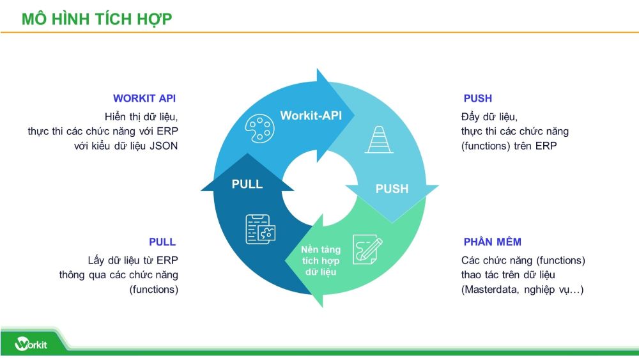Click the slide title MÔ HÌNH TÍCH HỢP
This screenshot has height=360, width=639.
point(96,19)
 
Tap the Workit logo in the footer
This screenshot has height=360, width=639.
point(31,343)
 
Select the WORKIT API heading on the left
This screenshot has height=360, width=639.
point(144,98)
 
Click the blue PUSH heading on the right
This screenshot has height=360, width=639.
point(477,98)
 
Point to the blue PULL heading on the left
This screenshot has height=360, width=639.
point(162,242)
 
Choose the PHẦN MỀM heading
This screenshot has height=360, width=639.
point(492,242)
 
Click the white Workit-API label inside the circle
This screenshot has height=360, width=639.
point(311,116)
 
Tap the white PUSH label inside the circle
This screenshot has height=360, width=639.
point(392,189)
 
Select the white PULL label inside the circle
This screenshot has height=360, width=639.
point(247,184)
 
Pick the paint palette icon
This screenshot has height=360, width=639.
point(259,129)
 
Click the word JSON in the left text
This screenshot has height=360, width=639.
point(164,145)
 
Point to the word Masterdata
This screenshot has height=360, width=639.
point(489,289)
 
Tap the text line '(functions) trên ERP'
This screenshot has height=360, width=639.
point(509,145)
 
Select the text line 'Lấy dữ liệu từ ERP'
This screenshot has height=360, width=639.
point(133,260)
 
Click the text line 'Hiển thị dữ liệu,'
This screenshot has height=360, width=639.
point(141,117)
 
